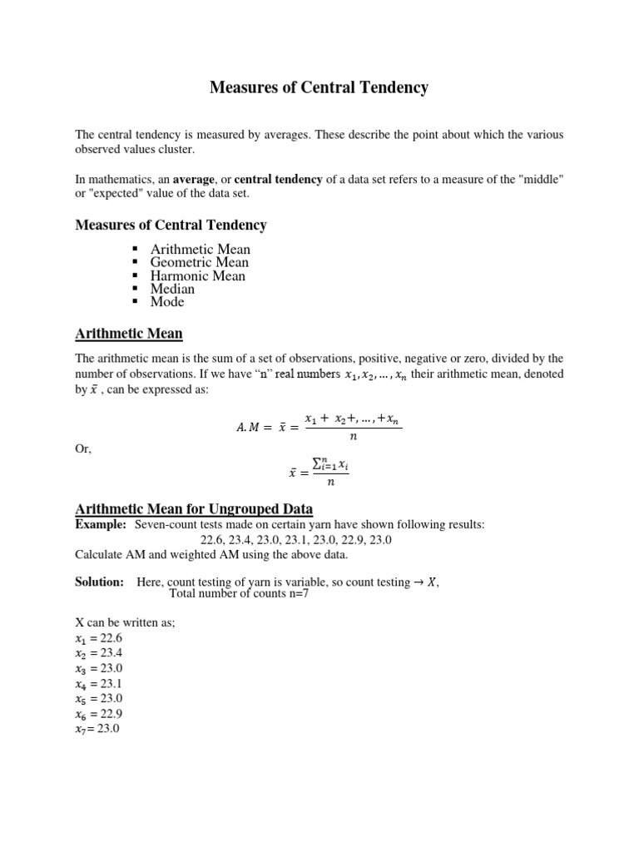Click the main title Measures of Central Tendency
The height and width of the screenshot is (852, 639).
319,87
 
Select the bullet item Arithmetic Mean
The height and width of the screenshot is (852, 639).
200,249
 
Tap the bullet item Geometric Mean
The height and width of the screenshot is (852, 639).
199,262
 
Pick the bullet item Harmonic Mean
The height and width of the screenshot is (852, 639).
197,275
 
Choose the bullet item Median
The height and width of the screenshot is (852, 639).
172,289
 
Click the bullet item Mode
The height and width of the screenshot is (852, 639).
167,302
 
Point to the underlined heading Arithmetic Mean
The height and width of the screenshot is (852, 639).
129,334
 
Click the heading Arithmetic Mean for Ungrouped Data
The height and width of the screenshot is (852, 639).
194,508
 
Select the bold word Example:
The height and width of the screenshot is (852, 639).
100,524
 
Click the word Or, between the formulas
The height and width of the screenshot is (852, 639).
83,449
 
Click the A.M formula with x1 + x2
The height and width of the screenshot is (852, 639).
320,428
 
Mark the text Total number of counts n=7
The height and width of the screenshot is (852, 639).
239,594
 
